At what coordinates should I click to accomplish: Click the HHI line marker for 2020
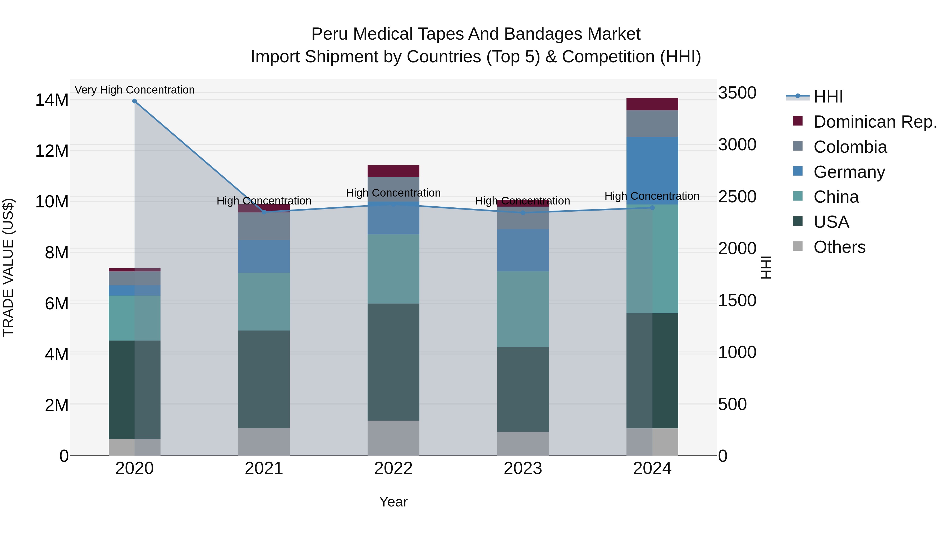135,101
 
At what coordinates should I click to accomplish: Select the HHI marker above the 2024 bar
652,208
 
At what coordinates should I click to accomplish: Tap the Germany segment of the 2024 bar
652,171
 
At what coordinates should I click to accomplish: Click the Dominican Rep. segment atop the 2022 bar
393,171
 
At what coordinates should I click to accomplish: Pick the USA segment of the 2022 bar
393,362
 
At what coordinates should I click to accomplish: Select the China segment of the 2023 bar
523,309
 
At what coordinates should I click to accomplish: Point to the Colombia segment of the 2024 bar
652,124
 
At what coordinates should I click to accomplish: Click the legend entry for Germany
849,172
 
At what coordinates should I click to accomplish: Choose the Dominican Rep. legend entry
875,122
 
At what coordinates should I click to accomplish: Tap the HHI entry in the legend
828,97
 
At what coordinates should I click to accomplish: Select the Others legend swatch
798,246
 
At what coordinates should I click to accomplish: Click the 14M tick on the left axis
52,100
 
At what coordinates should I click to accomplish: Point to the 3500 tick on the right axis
737,93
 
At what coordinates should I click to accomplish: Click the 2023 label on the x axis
523,468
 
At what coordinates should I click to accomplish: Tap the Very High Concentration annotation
135,90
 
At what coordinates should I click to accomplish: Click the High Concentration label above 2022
393,193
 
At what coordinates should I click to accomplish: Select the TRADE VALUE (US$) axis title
8,267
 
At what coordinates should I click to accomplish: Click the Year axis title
393,502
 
